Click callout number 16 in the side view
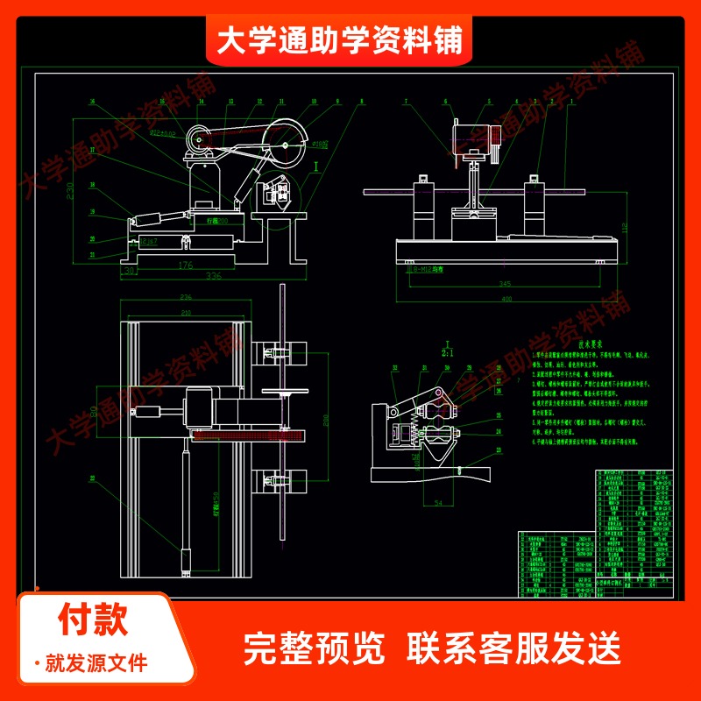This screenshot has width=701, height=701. (91, 102)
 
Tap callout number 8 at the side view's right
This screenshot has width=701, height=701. (361, 102)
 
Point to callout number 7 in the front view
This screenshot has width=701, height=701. (407, 102)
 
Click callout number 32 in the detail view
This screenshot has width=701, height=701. (395, 368)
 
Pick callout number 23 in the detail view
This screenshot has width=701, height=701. (499, 450)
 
